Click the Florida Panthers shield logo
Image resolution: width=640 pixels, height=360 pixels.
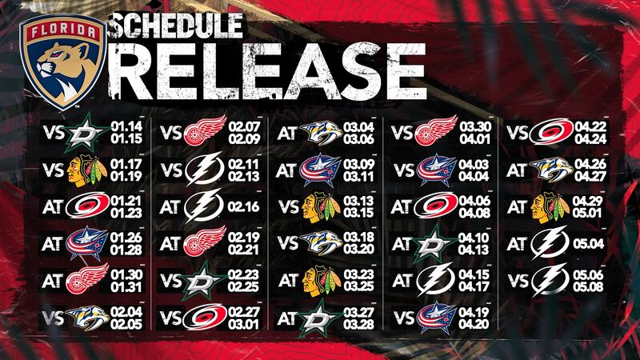(63, 62)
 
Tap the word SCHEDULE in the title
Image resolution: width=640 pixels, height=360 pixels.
(177, 25)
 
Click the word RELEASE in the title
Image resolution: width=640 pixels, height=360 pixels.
(267, 70)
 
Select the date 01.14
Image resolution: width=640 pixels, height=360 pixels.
(126, 126)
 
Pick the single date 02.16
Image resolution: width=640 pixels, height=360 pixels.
(243, 206)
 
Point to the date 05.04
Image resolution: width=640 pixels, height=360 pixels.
(589, 244)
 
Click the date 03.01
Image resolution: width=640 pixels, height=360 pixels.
(244, 325)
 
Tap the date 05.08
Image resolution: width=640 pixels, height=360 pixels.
(588, 286)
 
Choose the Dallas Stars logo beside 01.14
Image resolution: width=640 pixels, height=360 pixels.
(86, 133)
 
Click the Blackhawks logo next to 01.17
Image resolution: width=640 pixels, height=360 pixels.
(86, 170)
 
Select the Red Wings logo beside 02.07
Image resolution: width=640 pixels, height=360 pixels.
(205, 130)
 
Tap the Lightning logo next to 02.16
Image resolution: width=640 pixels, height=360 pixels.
(204, 206)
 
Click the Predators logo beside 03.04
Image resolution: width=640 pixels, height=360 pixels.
(321, 132)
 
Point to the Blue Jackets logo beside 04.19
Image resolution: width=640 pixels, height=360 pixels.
(436, 318)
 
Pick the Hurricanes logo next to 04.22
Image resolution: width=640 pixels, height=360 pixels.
(551, 131)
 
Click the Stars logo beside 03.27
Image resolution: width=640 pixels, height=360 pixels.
(318, 318)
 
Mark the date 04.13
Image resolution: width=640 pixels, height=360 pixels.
(474, 250)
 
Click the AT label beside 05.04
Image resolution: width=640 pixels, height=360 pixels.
(517, 244)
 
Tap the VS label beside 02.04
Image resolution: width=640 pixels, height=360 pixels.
(54, 318)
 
